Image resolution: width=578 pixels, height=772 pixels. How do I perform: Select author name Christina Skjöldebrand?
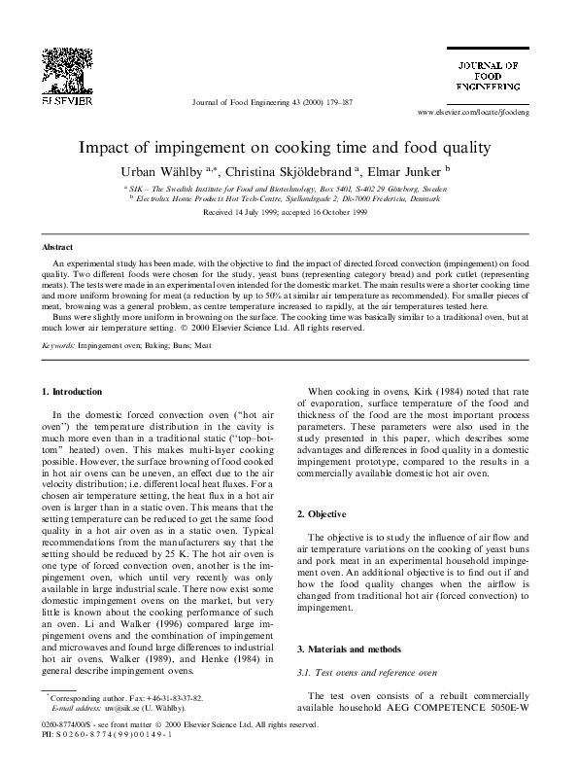pyautogui.click(x=291, y=170)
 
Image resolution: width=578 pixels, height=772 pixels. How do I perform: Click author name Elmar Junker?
pyautogui.click(x=409, y=170)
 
